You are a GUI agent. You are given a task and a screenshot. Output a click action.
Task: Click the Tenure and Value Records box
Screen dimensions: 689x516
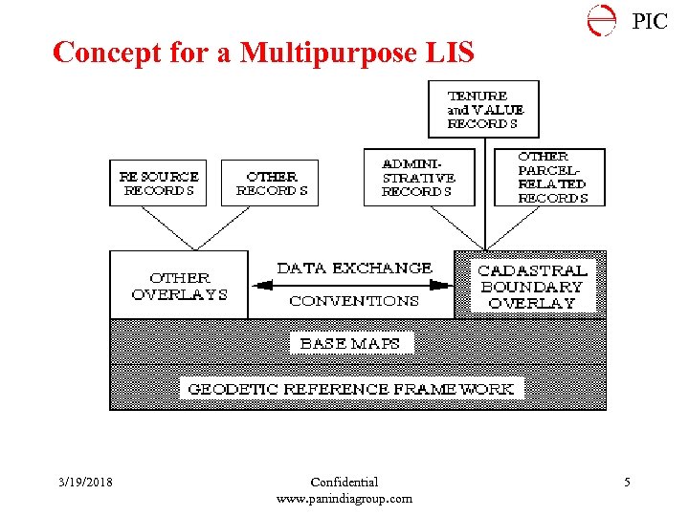click(483, 110)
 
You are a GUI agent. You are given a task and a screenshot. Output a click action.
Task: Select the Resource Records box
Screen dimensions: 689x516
click(158, 183)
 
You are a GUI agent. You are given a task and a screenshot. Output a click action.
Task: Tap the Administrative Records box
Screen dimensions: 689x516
click(419, 177)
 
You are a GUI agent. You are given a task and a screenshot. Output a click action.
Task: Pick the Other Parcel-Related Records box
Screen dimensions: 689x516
click(550, 177)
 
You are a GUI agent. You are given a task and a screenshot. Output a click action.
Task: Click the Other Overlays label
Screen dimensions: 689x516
click(179, 286)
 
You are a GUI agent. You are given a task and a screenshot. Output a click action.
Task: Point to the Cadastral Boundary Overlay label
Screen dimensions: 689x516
click(531, 286)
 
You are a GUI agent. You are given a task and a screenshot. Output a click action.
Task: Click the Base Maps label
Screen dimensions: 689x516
click(350, 343)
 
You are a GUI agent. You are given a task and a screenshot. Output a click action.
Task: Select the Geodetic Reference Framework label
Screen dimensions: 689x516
click(351, 389)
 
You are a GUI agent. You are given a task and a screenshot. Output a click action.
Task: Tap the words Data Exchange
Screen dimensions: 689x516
click(354, 269)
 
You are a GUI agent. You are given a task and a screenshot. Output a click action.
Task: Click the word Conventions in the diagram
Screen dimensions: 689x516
click(354, 300)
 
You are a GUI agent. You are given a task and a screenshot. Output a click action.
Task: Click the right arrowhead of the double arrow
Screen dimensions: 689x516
click(442, 284)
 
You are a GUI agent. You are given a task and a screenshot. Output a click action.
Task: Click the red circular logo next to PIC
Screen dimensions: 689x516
click(602, 20)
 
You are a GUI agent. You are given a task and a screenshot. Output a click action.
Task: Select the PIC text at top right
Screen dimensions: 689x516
click(650, 21)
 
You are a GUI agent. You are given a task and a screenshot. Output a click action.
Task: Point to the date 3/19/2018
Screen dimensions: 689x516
click(84, 483)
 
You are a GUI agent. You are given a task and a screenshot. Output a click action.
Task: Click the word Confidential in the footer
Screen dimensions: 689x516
click(344, 483)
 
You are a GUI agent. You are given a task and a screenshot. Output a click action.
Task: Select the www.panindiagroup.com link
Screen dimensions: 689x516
click(344, 498)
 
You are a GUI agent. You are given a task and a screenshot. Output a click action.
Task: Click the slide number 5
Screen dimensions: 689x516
click(627, 483)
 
